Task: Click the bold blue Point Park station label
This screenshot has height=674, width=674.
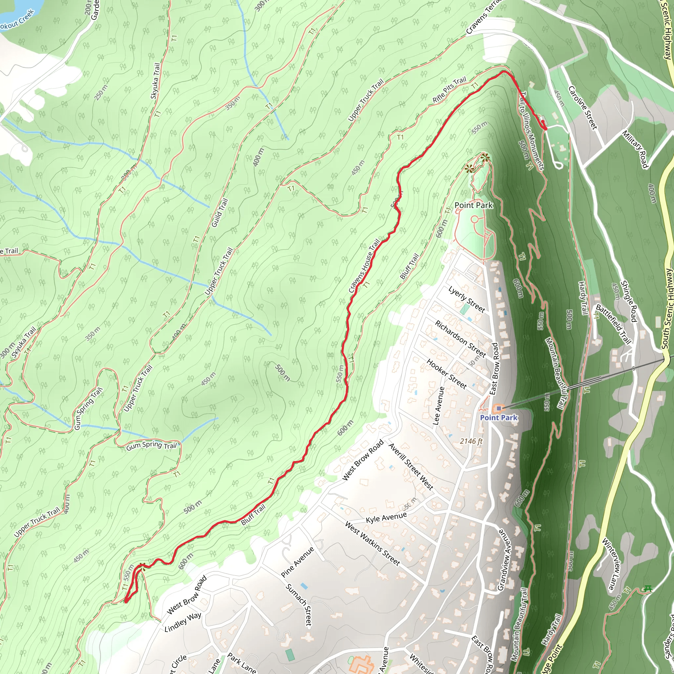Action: (x=499, y=418)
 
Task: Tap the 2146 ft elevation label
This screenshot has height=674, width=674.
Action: (x=471, y=441)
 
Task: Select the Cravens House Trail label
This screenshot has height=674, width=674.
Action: (x=364, y=266)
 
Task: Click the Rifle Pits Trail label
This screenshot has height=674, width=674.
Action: (x=449, y=90)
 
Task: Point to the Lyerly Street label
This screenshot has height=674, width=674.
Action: (x=466, y=300)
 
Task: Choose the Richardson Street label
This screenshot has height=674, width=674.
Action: (x=460, y=338)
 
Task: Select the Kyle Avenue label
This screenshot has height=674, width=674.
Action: (x=386, y=518)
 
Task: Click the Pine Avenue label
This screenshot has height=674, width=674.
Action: (x=298, y=562)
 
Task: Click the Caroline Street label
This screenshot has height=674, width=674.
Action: (x=583, y=108)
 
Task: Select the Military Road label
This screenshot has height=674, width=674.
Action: (x=635, y=149)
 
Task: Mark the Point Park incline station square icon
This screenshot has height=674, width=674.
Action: (x=499, y=408)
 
